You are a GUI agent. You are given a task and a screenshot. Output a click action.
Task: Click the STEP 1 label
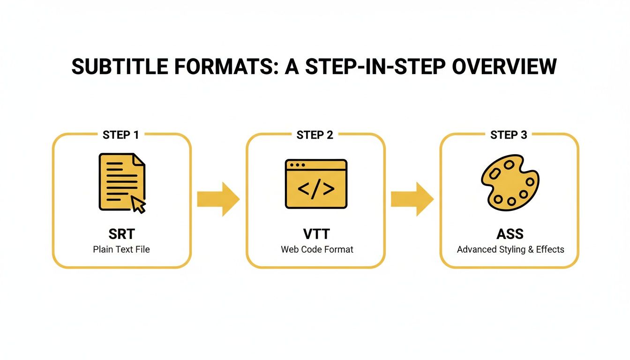point(121,135)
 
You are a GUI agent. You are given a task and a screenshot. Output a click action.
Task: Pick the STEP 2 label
point(315,135)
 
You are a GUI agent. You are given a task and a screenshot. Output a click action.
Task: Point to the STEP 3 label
point(509,135)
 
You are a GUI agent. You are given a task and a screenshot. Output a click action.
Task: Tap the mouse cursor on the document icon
point(138,204)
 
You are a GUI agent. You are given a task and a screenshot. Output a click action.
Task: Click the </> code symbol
point(316,188)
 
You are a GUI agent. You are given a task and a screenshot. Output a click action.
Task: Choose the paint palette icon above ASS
point(510,183)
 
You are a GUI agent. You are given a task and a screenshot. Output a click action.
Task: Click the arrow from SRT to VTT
point(218,199)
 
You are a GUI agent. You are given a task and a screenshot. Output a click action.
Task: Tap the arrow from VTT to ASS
point(412,199)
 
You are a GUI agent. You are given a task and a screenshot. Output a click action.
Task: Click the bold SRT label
point(121,234)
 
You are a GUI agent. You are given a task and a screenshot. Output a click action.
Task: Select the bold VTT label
point(317,234)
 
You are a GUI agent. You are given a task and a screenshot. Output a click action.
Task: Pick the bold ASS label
point(510,234)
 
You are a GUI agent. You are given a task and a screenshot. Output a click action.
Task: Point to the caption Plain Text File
point(121,249)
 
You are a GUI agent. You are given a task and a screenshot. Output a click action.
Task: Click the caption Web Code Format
point(317,249)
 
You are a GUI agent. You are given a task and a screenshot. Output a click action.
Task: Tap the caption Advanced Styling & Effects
point(510,249)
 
